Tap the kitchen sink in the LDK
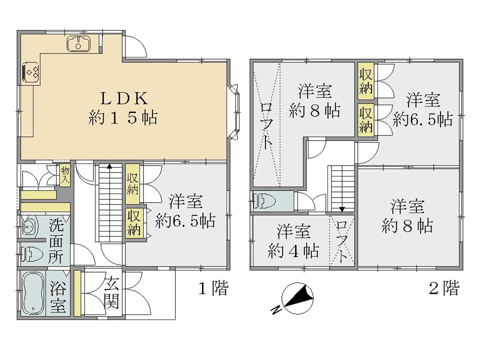[x=78, y=44]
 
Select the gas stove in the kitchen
[x=31, y=72]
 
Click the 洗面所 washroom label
[x=56, y=242]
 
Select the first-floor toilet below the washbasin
[x=32, y=254]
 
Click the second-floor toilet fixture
[x=265, y=201]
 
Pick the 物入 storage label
[x=64, y=175]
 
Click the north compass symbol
[x=294, y=298]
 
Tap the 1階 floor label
[x=213, y=288]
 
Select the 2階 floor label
[x=444, y=288]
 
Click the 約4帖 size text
[x=293, y=251]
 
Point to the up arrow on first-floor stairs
[x=109, y=166]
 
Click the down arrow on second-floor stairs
[x=342, y=209]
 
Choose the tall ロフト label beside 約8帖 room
[x=266, y=125]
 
